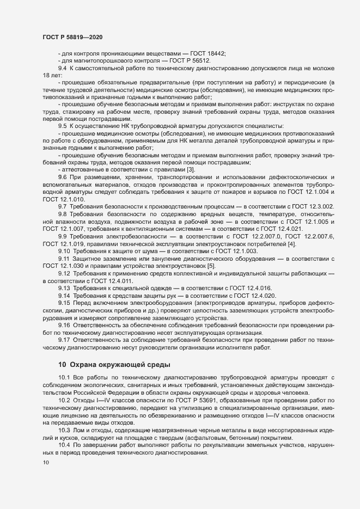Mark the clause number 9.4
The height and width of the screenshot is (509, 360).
point(62,68)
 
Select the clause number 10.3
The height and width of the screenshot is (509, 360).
point(64,431)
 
